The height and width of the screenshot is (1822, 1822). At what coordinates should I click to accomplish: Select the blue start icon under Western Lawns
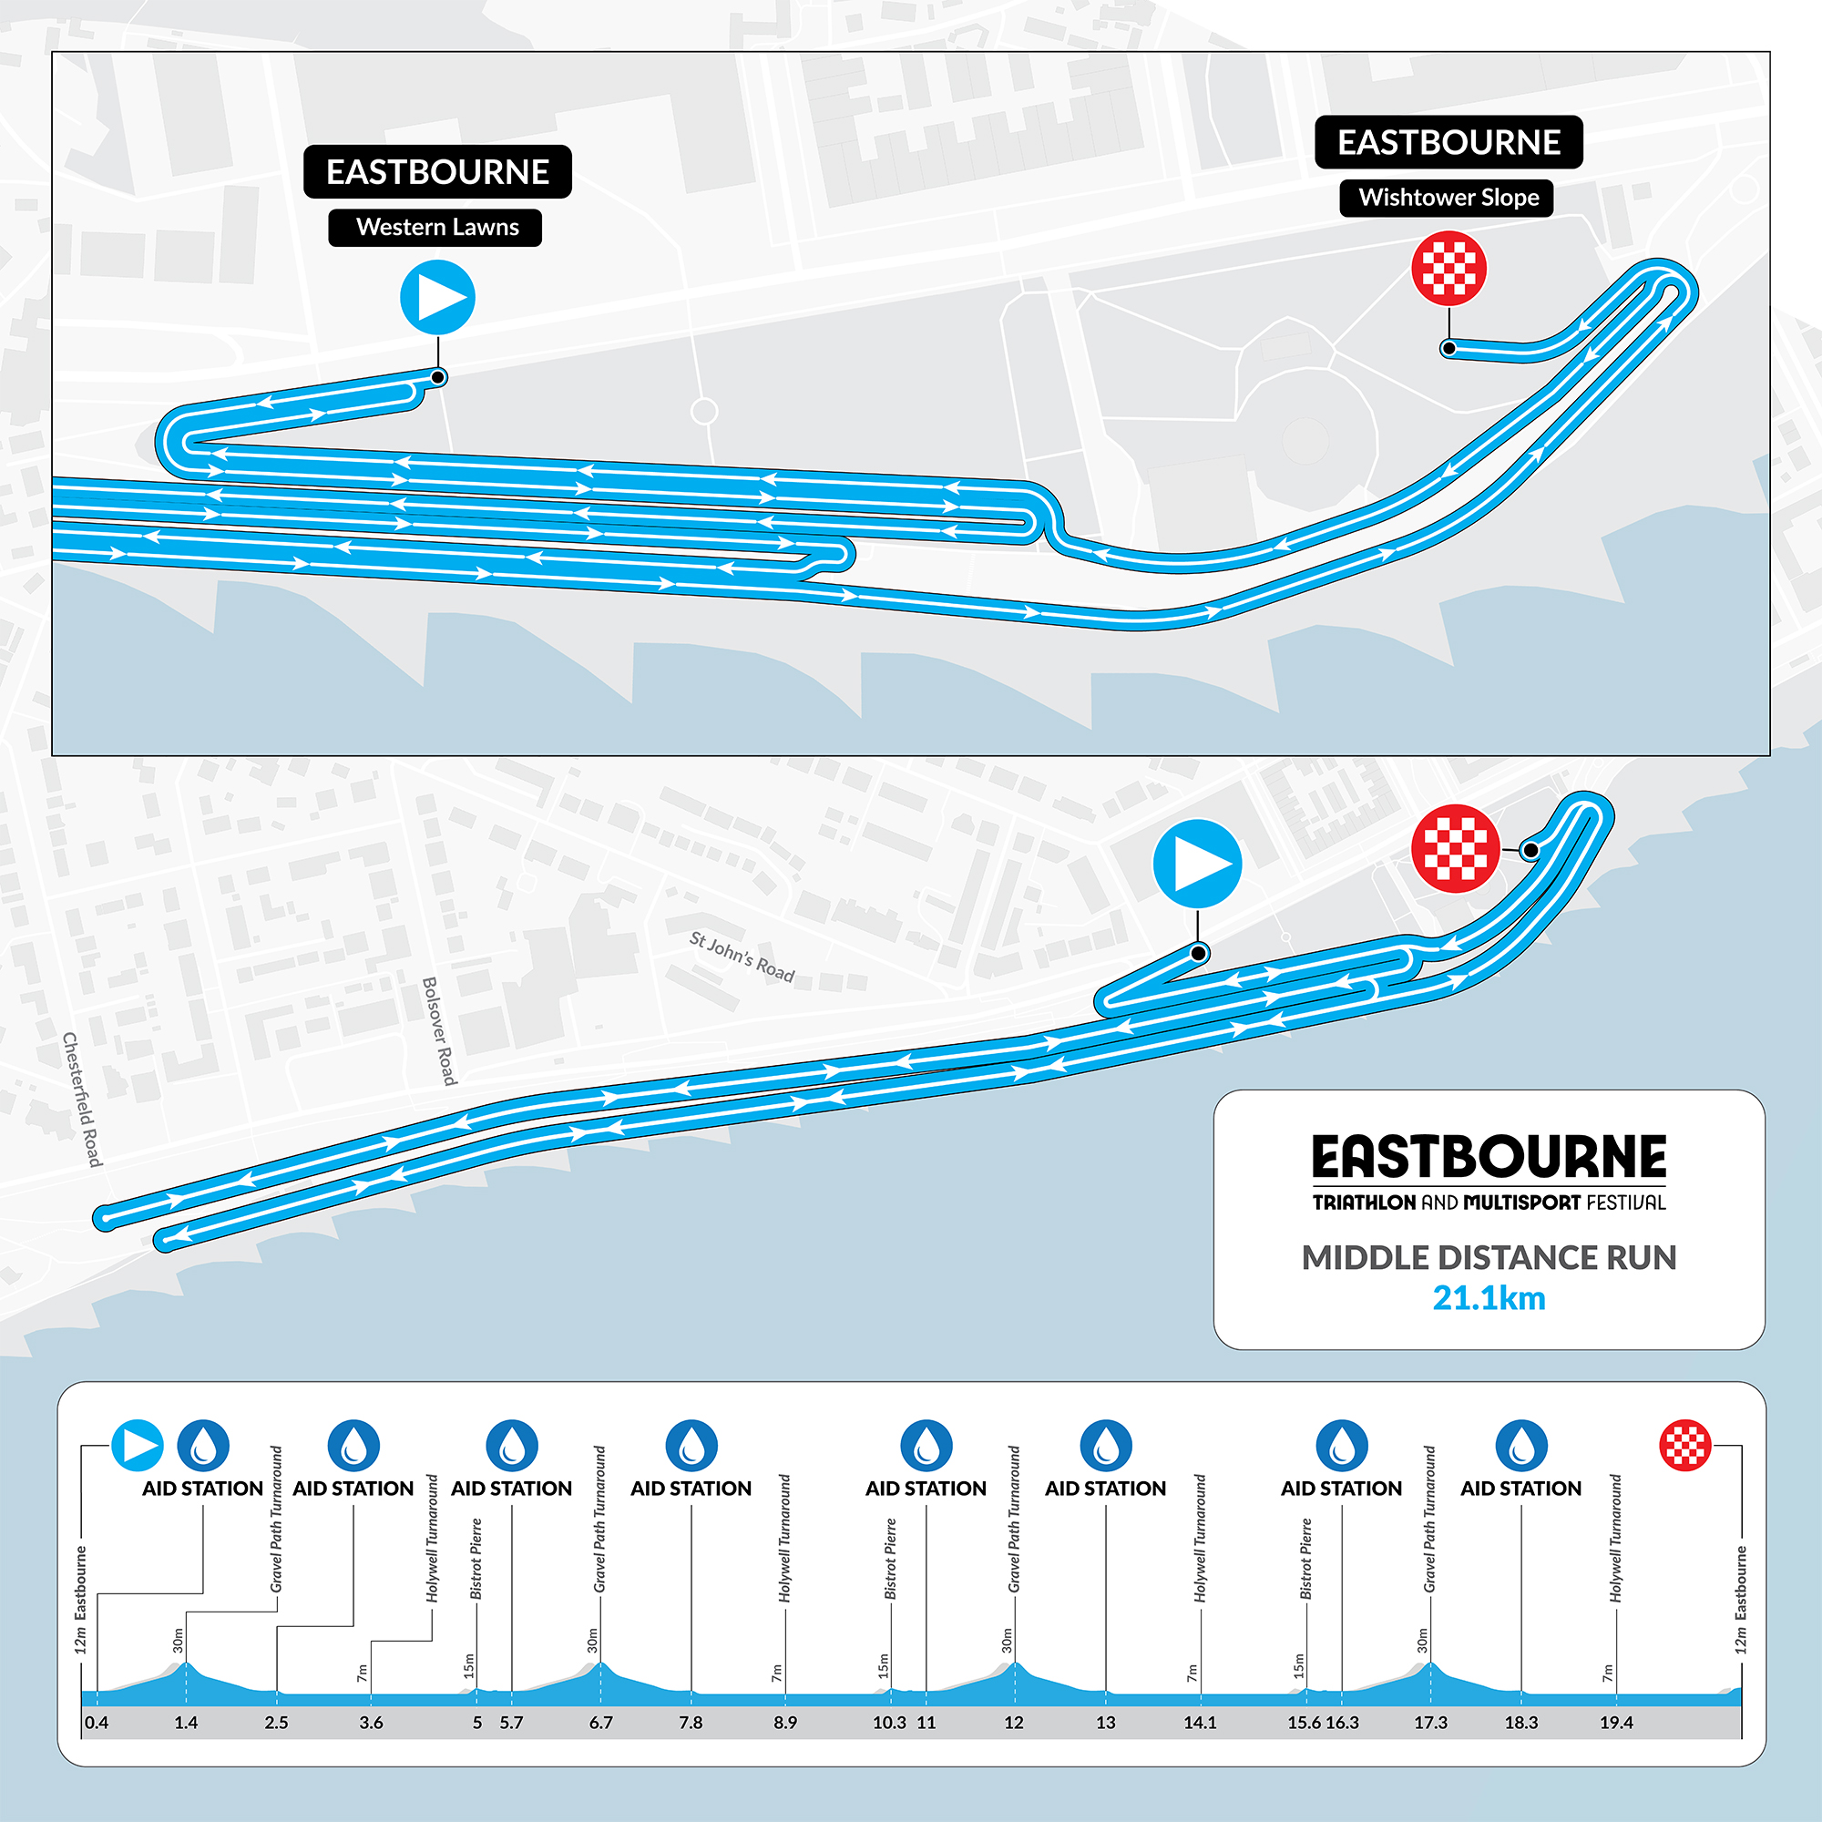(437, 298)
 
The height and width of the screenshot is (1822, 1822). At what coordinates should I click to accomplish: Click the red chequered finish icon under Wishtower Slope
(1448, 269)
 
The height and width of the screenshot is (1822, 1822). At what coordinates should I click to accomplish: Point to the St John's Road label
(742, 957)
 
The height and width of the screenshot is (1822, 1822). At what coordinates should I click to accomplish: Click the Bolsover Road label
(439, 1030)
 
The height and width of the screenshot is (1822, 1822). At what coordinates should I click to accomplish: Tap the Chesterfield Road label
(82, 1099)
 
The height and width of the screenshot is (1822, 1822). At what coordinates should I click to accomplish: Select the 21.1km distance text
(1489, 1298)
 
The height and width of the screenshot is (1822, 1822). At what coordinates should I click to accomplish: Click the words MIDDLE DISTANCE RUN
(1489, 1258)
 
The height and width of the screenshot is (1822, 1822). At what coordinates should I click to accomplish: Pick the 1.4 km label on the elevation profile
(186, 1723)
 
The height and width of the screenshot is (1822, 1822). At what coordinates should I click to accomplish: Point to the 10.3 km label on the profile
(889, 1723)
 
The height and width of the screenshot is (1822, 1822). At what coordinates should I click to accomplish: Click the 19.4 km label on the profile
(1615, 1723)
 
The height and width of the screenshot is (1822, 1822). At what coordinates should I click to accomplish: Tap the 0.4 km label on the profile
(97, 1723)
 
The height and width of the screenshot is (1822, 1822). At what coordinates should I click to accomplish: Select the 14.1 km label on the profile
(1200, 1723)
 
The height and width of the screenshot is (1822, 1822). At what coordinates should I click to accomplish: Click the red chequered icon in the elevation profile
(1684, 1446)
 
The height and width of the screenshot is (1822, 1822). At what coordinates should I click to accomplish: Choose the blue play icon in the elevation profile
(138, 1446)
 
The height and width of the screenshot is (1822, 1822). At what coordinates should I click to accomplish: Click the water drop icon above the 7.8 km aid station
(691, 1446)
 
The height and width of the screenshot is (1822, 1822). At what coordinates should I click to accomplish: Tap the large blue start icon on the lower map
(1197, 864)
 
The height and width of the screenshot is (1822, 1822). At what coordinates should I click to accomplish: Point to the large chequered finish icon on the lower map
(1455, 849)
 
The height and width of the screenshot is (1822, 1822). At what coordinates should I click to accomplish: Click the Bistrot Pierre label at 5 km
(476, 1559)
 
